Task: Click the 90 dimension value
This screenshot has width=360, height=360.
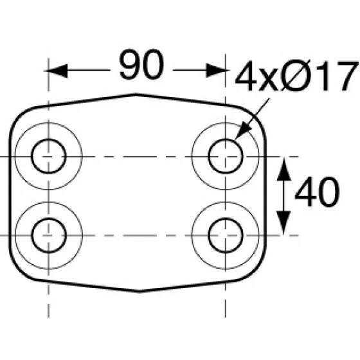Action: [141, 64]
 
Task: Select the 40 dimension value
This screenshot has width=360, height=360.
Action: [317, 192]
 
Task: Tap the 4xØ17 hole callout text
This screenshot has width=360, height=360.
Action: [296, 76]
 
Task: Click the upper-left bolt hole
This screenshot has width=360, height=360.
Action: [48, 156]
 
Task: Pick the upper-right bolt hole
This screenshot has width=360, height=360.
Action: [226, 156]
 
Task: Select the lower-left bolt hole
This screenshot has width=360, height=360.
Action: [49, 235]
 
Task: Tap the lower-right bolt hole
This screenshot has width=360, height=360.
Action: [226, 235]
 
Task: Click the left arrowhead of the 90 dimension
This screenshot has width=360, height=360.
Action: [57, 71]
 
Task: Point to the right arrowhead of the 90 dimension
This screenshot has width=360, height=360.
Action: [217, 70]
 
